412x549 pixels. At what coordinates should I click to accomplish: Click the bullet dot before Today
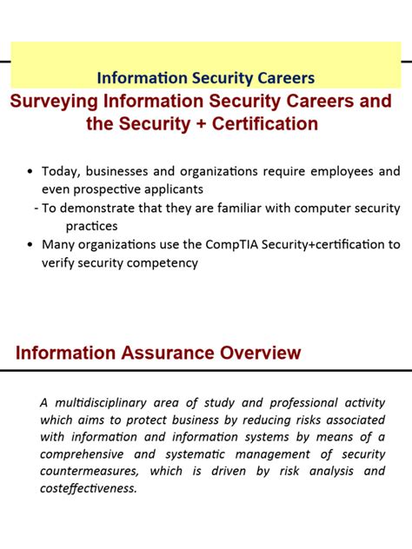31,172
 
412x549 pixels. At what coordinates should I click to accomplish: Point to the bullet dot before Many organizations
31,245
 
